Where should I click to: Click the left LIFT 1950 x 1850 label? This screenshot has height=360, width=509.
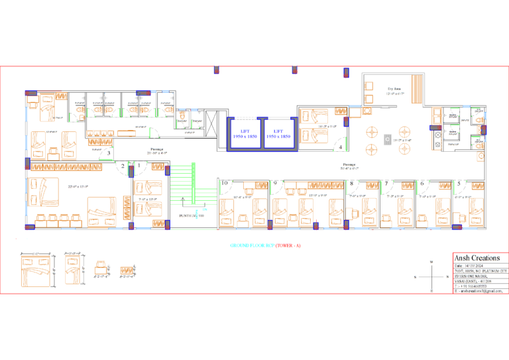(x=245, y=133)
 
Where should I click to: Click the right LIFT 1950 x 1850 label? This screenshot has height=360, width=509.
(x=278, y=133)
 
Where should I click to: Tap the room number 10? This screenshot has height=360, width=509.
(x=225, y=183)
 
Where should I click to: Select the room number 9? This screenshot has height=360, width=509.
(x=275, y=183)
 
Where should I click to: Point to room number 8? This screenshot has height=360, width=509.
(x=351, y=183)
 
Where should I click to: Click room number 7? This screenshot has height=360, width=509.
(x=386, y=183)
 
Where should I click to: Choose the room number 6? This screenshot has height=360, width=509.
(x=422, y=183)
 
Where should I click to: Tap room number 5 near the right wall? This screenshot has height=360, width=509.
(x=459, y=183)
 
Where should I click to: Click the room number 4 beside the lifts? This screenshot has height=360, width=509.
(x=341, y=147)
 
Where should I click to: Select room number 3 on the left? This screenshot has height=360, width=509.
(x=109, y=153)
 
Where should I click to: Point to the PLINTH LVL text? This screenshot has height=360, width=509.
(x=192, y=215)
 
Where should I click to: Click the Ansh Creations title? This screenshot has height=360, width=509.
(x=477, y=258)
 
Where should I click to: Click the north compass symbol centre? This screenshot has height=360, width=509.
(x=431, y=276)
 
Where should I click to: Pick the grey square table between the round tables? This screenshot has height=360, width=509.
(x=388, y=139)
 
